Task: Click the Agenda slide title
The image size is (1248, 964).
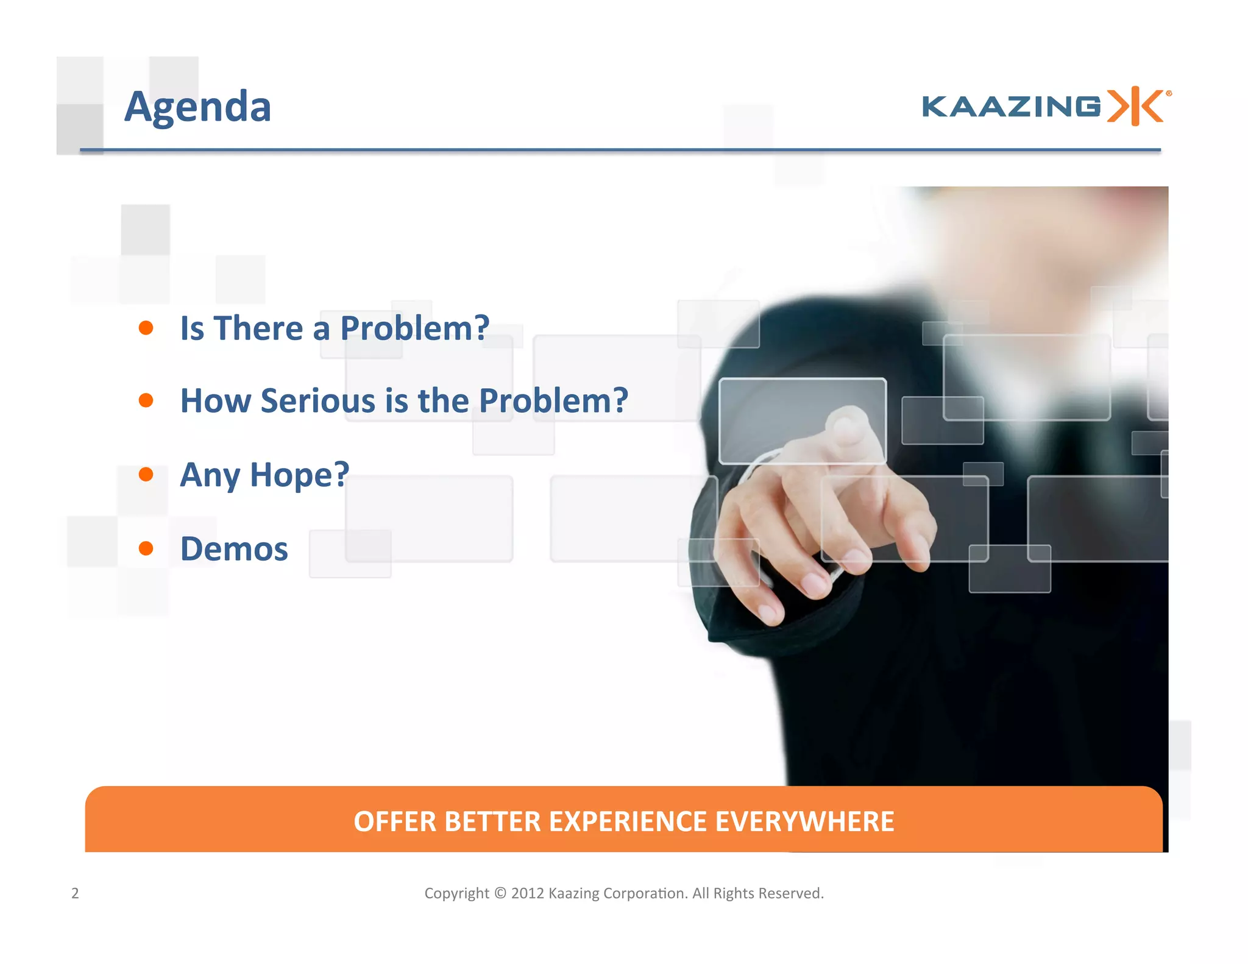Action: point(197,107)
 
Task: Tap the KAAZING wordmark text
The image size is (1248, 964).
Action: point(1011,107)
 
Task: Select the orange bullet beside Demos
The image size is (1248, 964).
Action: point(146,548)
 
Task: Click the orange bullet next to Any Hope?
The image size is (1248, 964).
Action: point(146,474)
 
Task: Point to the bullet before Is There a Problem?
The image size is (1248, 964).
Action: point(146,328)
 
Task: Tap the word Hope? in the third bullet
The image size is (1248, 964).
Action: point(299,475)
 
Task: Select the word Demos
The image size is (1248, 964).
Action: point(234,549)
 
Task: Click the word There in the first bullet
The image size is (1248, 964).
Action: point(258,328)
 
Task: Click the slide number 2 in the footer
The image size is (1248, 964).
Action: point(75,893)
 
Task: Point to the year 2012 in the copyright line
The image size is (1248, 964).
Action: point(527,893)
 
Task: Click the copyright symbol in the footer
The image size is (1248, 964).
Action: point(500,893)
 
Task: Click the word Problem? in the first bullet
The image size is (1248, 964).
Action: point(414,328)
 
